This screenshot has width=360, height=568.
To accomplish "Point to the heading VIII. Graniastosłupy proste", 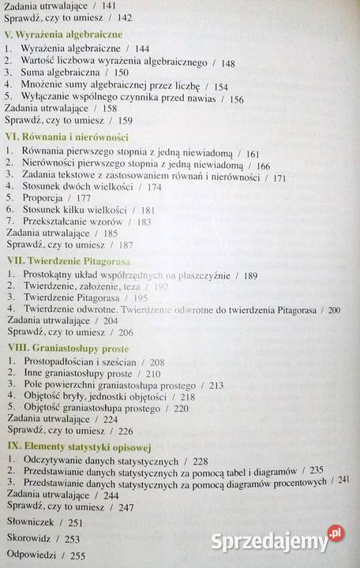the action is click(68, 347).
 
